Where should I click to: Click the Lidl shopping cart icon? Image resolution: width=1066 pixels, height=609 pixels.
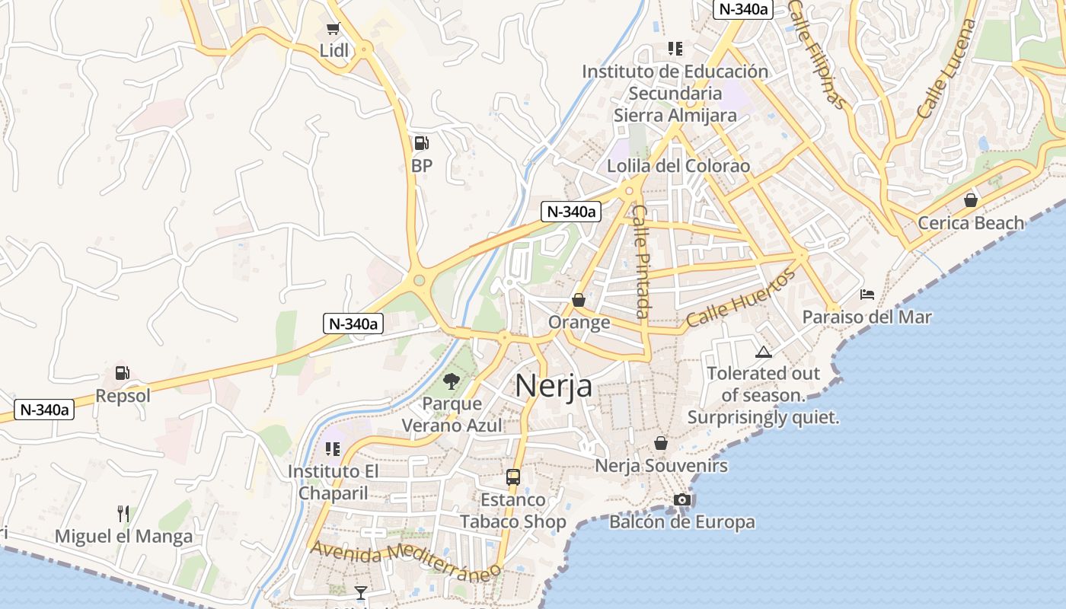point(333,29)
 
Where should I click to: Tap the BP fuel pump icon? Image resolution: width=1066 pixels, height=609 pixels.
point(420,143)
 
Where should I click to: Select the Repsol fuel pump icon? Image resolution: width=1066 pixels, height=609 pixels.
point(122,373)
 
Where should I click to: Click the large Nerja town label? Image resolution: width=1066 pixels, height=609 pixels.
point(554,385)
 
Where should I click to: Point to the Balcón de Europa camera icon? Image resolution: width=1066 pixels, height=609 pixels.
point(682,499)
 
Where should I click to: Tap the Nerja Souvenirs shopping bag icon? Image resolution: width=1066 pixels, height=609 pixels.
point(661,443)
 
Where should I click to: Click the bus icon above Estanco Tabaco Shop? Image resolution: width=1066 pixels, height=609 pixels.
point(513,477)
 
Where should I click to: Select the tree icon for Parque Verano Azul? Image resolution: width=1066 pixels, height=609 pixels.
point(452,381)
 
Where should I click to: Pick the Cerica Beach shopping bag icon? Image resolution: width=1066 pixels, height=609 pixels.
point(971,200)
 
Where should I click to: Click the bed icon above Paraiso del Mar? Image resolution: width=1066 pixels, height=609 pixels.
point(867,294)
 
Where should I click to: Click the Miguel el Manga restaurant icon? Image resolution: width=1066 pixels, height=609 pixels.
point(123,514)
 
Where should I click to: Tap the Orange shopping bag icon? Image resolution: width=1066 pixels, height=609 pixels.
point(579,300)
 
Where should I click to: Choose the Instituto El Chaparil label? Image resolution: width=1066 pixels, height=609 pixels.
point(333,482)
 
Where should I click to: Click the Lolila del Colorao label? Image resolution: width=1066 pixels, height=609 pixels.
point(678,166)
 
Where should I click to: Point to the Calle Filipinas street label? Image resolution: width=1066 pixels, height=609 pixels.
point(817,53)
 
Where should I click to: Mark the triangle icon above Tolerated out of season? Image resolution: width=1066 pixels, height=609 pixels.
point(763,352)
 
